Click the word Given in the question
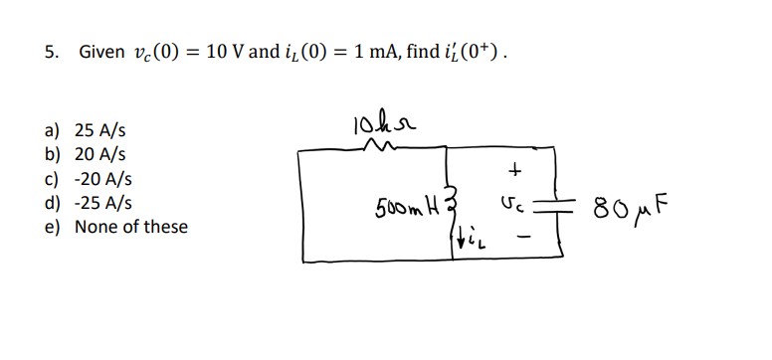coord(101,52)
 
